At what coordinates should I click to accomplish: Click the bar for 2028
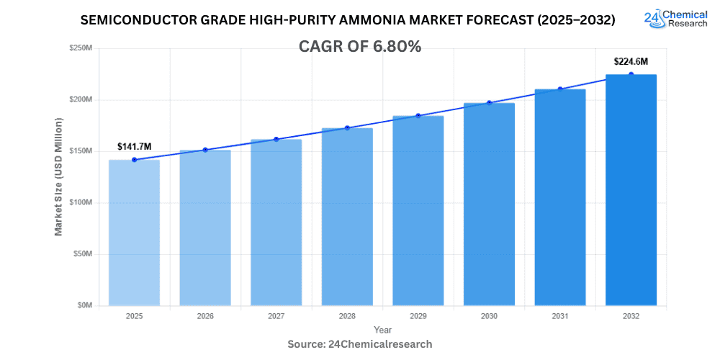(347, 217)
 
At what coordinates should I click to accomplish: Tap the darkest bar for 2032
(631, 190)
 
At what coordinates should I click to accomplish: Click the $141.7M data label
(134, 147)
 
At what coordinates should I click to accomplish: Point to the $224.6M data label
(631, 62)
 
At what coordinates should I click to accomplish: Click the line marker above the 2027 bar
(276, 139)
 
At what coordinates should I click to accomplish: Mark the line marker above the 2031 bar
(560, 89)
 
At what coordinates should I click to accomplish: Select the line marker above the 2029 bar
(418, 116)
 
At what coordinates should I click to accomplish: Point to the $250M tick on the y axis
(81, 48)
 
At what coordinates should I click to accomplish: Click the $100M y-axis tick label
(81, 202)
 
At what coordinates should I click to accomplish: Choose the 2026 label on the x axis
(204, 316)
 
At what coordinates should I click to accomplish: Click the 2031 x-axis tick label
(560, 316)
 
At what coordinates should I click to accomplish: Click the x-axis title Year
(382, 330)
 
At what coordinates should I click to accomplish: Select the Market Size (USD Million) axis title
(58, 176)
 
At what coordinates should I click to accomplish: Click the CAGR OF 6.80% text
(360, 47)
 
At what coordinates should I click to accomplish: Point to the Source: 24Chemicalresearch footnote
(360, 344)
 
